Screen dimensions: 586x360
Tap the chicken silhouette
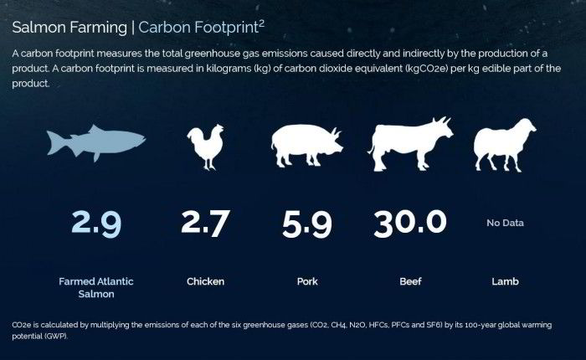[x=206, y=147]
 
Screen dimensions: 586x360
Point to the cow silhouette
[x=410, y=145]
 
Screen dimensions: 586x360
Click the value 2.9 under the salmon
[x=96, y=224]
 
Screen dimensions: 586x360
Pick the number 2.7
[x=206, y=224]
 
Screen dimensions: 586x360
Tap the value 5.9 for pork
[x=307, y=224]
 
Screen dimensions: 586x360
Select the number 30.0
[x=410, y=224]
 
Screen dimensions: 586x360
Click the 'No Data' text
[x=505, y=224]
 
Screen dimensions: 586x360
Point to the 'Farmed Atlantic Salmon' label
[x=96, y=287]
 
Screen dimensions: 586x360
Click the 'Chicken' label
[x=206, y=281]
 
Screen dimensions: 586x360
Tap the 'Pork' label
[x=307, y=281]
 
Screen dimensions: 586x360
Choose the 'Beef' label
[x=410, y=281]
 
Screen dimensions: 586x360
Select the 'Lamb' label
[x=505, y=281]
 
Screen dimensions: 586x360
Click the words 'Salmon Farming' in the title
[x=69, y=28]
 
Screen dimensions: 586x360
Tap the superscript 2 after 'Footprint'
[x=261, y=24]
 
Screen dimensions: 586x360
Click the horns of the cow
[x=442, y=121]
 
